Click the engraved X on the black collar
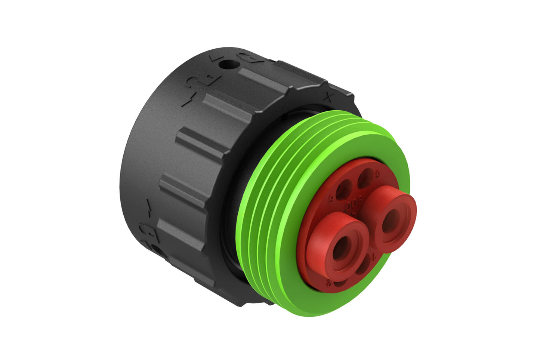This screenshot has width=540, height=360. [328, 98]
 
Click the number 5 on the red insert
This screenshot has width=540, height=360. [377, 173]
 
